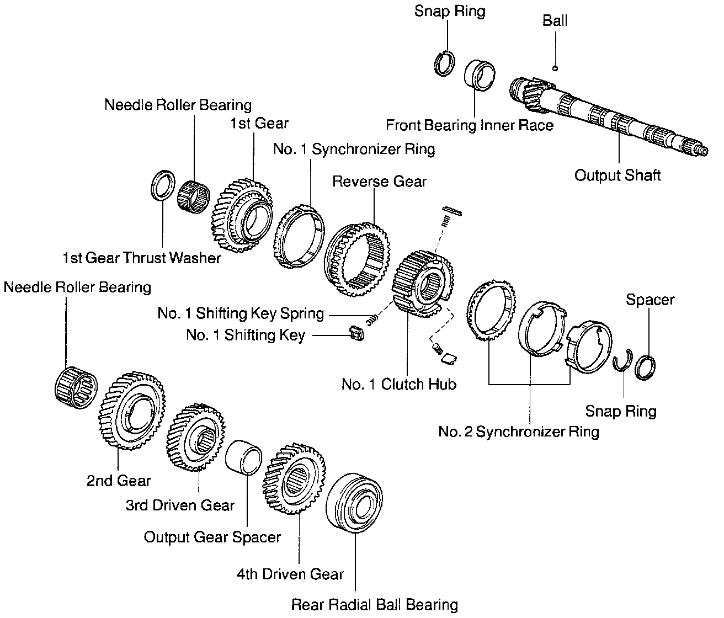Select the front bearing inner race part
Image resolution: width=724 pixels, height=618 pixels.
[478, 74]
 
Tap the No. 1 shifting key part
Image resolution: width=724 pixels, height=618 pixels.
[355, 333]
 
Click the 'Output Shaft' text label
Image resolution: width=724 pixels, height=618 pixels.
[617, 176]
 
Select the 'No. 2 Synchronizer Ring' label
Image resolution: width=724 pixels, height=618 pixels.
[518, 431]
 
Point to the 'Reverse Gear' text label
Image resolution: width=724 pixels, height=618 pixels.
[379, 182]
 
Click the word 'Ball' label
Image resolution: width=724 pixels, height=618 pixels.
[555, 21]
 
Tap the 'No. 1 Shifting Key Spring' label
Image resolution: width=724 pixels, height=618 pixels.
[241, 313]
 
